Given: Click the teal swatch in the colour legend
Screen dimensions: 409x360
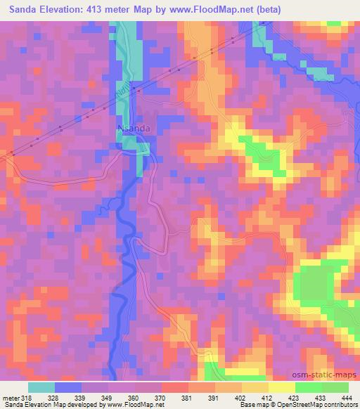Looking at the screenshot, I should pyautogui.click(x=41, y=387).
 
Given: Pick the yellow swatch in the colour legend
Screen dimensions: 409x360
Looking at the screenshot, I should pyautogui.click(x=282, y=387).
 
